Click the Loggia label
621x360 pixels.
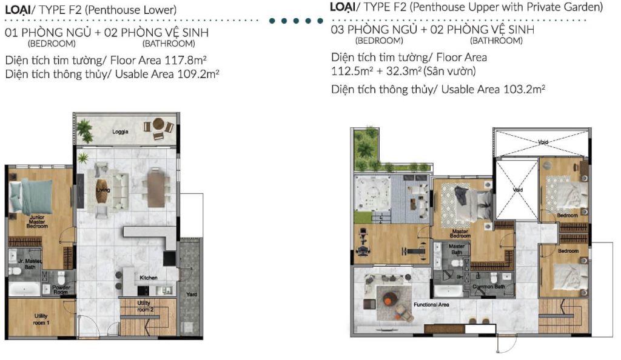120,132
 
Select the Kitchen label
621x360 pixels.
149,278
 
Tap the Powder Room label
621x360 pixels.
61,289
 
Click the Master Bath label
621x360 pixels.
456,250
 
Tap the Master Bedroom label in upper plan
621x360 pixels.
461,233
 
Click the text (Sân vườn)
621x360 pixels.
450,72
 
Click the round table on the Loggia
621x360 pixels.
158,125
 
